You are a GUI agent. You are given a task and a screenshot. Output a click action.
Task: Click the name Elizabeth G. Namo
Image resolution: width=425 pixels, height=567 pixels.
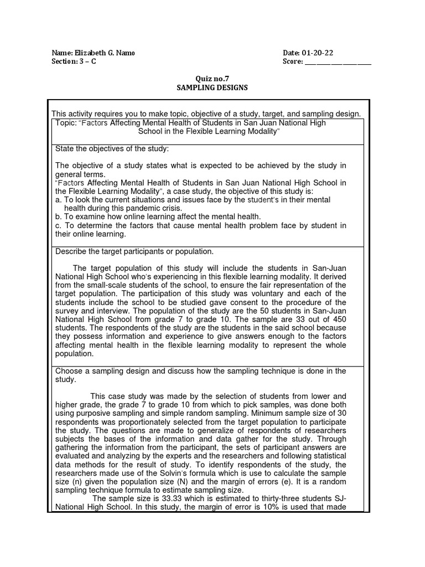(x=105, y=53)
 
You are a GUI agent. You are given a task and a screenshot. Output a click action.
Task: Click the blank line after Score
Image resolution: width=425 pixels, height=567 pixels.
(x=338, y=62)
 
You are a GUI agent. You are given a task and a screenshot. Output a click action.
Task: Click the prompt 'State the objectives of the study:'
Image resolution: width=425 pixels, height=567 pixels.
(x=112, y=150)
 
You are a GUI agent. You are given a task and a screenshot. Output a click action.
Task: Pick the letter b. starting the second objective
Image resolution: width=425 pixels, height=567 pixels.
(x=59, y=217)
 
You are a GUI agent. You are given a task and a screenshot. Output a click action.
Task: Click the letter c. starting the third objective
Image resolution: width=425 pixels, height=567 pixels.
(x=59, y=225)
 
